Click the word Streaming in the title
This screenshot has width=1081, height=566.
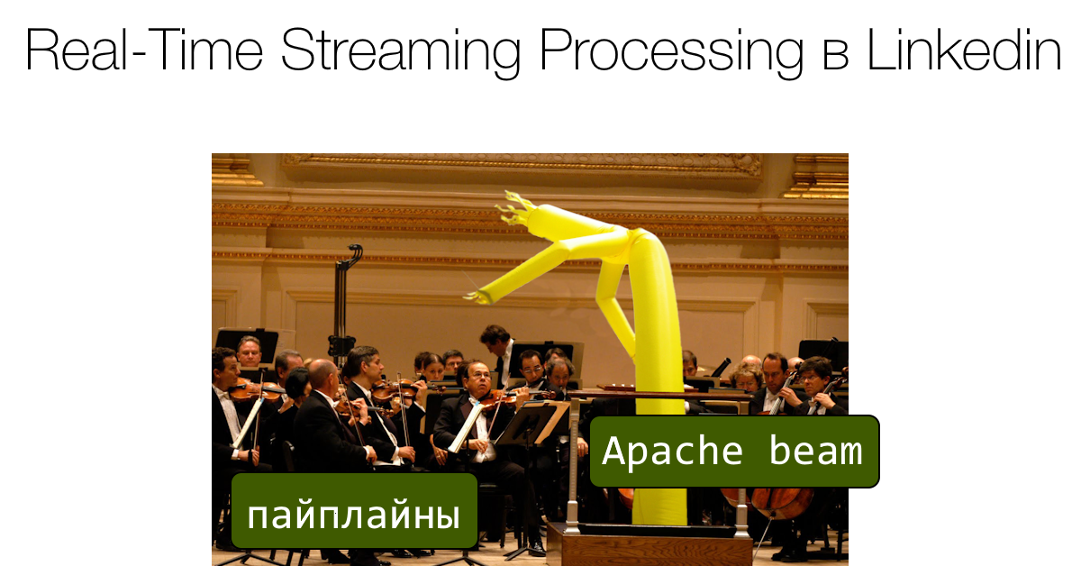(401, 51)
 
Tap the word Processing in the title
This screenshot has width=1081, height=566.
(669, 51)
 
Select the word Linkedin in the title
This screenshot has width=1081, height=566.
(964, 51)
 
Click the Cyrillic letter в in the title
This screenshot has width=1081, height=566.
(835, 56)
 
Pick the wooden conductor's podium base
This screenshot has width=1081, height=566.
(649, 546)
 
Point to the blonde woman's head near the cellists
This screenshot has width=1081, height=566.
(747, 378)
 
